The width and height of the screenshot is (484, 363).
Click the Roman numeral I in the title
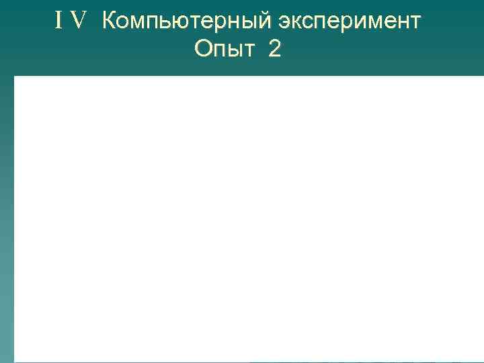[60, 22]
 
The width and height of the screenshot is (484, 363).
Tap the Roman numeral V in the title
[79, 22]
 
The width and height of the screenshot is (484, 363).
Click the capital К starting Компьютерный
[110, 22]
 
